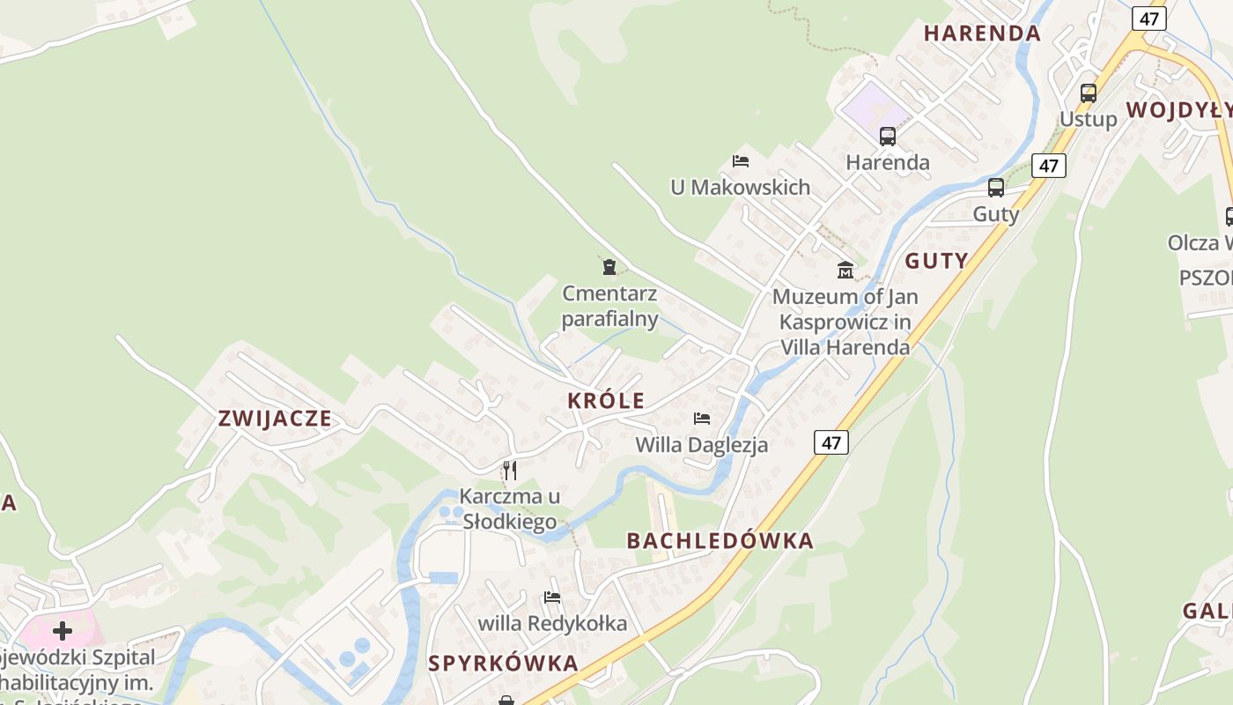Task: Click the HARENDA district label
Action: click(982, 33)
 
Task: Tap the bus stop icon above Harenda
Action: click(888, 137)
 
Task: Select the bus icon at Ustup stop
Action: click(1089, 93)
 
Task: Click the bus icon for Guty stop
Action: click(996, 188)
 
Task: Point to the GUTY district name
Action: click(936, 261)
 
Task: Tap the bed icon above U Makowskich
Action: click(741, 161)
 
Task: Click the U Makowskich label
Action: click(740, 187)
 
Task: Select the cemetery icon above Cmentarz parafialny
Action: click(609, 266)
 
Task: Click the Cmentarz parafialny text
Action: click(609, 306)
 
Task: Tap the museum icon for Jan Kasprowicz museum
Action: click(845, 270)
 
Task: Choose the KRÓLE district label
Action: click(606, 401)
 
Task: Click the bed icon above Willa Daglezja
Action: click(702, 419)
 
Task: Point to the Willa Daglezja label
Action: click(702, 445)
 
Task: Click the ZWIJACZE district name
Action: click(275, 419)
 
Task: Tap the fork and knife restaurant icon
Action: click(510, 471)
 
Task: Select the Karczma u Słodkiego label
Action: click(509, 508)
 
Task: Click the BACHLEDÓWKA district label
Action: click(720, 541)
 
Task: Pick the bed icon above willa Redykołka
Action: click(552, 597)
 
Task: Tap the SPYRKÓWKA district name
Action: click(504, 664)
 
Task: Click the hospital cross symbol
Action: click(63, 631)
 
